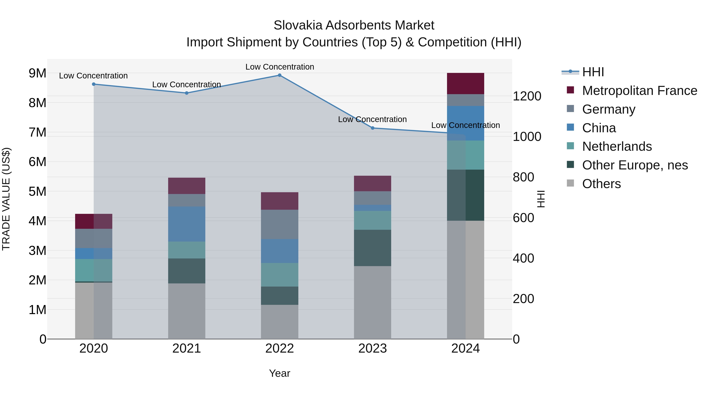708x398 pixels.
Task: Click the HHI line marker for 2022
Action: (x=279, y=75)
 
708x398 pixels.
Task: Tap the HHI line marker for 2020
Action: (x=94, y=84)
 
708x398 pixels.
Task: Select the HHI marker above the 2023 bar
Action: (x=372, y=128)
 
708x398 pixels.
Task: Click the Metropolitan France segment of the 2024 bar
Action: (x=465, y=84)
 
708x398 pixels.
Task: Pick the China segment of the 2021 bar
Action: (x=187, y=224)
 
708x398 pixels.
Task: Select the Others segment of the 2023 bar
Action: (x=372, y=302)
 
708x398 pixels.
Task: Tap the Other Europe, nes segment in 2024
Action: (x=465, y=195)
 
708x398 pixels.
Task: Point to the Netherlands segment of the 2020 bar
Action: (x=94, y=270)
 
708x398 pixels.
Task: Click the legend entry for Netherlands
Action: (x=617, y=146)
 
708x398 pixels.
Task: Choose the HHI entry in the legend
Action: (x=593, y=72)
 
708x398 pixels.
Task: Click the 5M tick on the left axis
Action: (x=38, y=191)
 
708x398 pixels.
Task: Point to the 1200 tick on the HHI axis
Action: (x=527, y=96)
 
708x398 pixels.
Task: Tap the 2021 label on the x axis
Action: (x=187, y=348)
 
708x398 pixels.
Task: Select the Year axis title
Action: (x=279, y=373)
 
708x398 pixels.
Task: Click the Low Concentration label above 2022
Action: (x=279, y=67)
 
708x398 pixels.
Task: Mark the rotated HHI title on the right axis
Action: (x=541, y=199)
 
